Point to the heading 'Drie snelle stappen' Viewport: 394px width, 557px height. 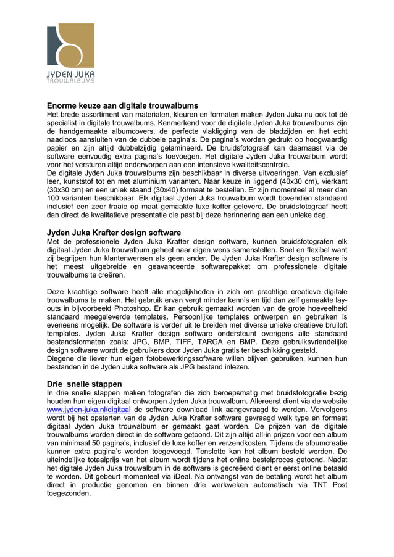85,384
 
